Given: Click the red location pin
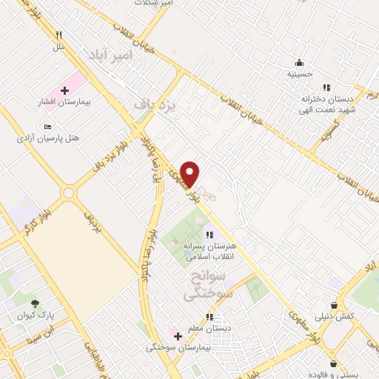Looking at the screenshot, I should tap(190, 174).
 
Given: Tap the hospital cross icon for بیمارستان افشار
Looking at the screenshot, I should tap(64, 90).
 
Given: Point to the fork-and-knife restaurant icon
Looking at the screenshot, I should tap(58, 35).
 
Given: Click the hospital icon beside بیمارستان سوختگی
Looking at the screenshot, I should tap(178, 336).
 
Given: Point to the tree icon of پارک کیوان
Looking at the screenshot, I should tap(35, 303).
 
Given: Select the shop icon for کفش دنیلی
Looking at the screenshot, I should tap(335, 304).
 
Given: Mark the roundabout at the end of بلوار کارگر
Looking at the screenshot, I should tap(69, 193).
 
